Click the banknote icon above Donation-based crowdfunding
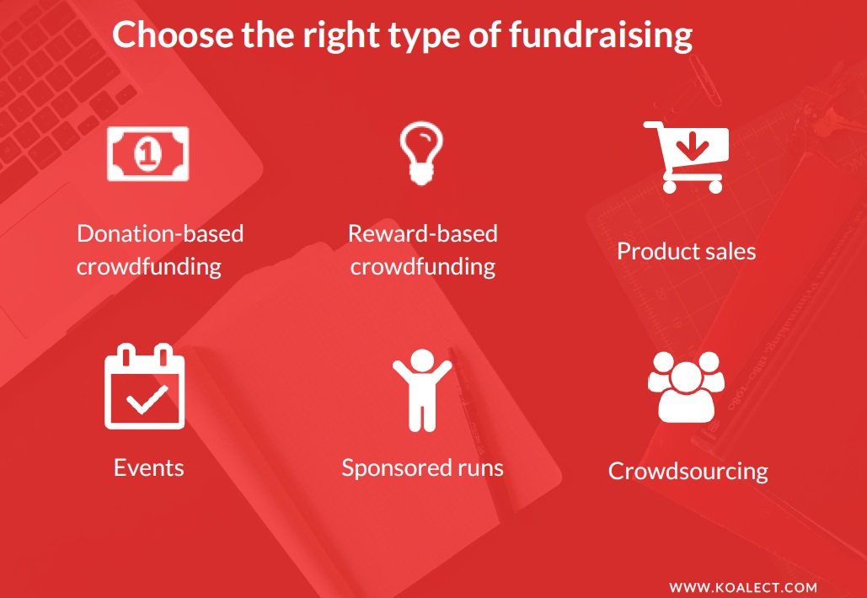(147, 153)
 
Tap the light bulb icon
(421, 153)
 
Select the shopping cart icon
(686, 158)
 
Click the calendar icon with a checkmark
(145, 387)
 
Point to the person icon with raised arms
(422, 390)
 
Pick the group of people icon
(686, 387)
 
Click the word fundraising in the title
(601, 35)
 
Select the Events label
(149, 467)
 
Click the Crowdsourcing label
(688, 472)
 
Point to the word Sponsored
(395, 468)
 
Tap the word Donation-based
(160, 233)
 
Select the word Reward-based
(422, 233)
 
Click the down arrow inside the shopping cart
(692, 146)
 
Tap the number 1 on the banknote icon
(147, 153)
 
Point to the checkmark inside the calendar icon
(147, 399)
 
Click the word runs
(479, 468)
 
